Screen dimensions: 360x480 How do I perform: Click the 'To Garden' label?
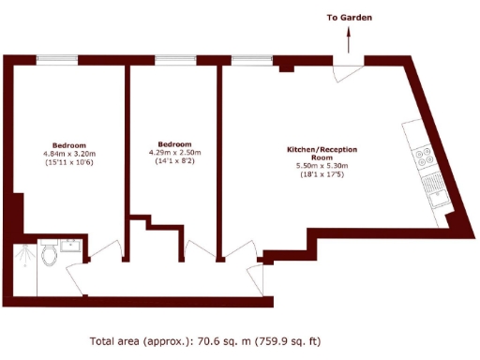pos(350,18)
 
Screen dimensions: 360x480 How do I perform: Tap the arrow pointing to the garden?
pos(350,39)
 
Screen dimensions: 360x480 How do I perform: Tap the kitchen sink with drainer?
pos(433,190)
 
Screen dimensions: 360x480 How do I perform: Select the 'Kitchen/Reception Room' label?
pos(322,154)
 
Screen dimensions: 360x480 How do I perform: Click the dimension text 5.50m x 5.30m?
pos(322,166)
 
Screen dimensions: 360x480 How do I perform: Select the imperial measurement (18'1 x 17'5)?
pos(322,174)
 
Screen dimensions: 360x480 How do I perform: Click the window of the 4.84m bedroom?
pos(69,58)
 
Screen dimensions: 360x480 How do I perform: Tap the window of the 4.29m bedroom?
pos(174,58)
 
